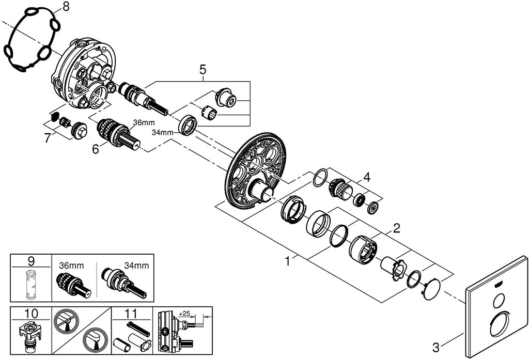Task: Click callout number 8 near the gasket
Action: (x=66, y=6)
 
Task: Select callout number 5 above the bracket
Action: (x=203, y=70)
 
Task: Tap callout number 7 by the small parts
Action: (x=48, y=138)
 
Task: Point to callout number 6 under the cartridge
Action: (x=96, y=149)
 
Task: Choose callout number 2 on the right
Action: (x=396, y=228)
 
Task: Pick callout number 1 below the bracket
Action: (x=287, y=261)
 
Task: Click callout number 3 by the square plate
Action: (x=436, y=347)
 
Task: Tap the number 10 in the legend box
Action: (x=32, y=313)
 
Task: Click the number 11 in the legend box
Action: (x=131, y=313)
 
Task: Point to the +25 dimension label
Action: (x=184, y=314)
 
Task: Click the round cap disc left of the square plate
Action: (x=432, y=289)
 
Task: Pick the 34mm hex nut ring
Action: (x=187, y=125)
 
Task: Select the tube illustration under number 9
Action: (x=29, y=285)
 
